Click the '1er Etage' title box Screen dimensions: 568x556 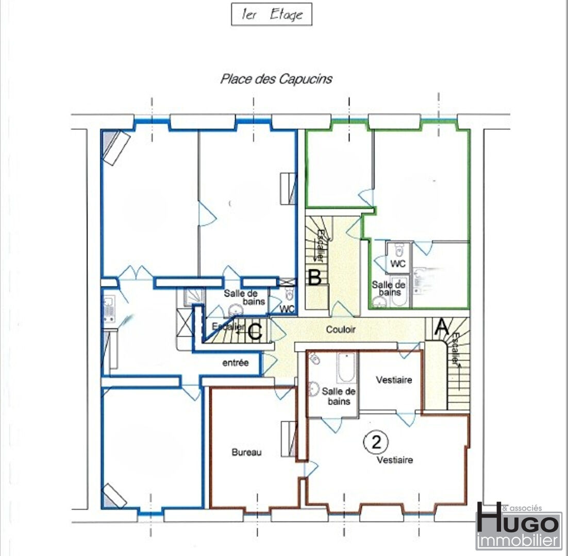tap(271, 14)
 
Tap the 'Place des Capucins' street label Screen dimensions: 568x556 tap(276, 79)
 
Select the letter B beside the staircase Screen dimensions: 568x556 tap(314, 278)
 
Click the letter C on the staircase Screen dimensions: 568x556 tap(255, 331)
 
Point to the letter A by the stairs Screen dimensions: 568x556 tap(441, 326)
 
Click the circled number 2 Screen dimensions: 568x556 tap(376, 442)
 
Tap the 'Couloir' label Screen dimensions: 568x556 tap(341, 329)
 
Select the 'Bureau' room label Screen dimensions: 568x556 tap(246, 452)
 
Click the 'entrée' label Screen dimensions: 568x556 tap(236, 362)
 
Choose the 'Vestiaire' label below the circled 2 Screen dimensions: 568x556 tap(394, 460)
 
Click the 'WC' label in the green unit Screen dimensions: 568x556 tap(398, 264)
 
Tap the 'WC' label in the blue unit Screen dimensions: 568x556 tap(287, 309)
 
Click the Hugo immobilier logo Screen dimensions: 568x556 tap(518, 526)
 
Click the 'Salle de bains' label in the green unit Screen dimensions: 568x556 tap(389, 288)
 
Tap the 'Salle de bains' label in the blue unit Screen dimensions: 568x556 tap(244, 297)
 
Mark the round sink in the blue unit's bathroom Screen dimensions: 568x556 tap(236, 310)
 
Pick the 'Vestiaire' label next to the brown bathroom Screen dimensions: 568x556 tap(394, 380)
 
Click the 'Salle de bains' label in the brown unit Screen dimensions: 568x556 tap(338, 396)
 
